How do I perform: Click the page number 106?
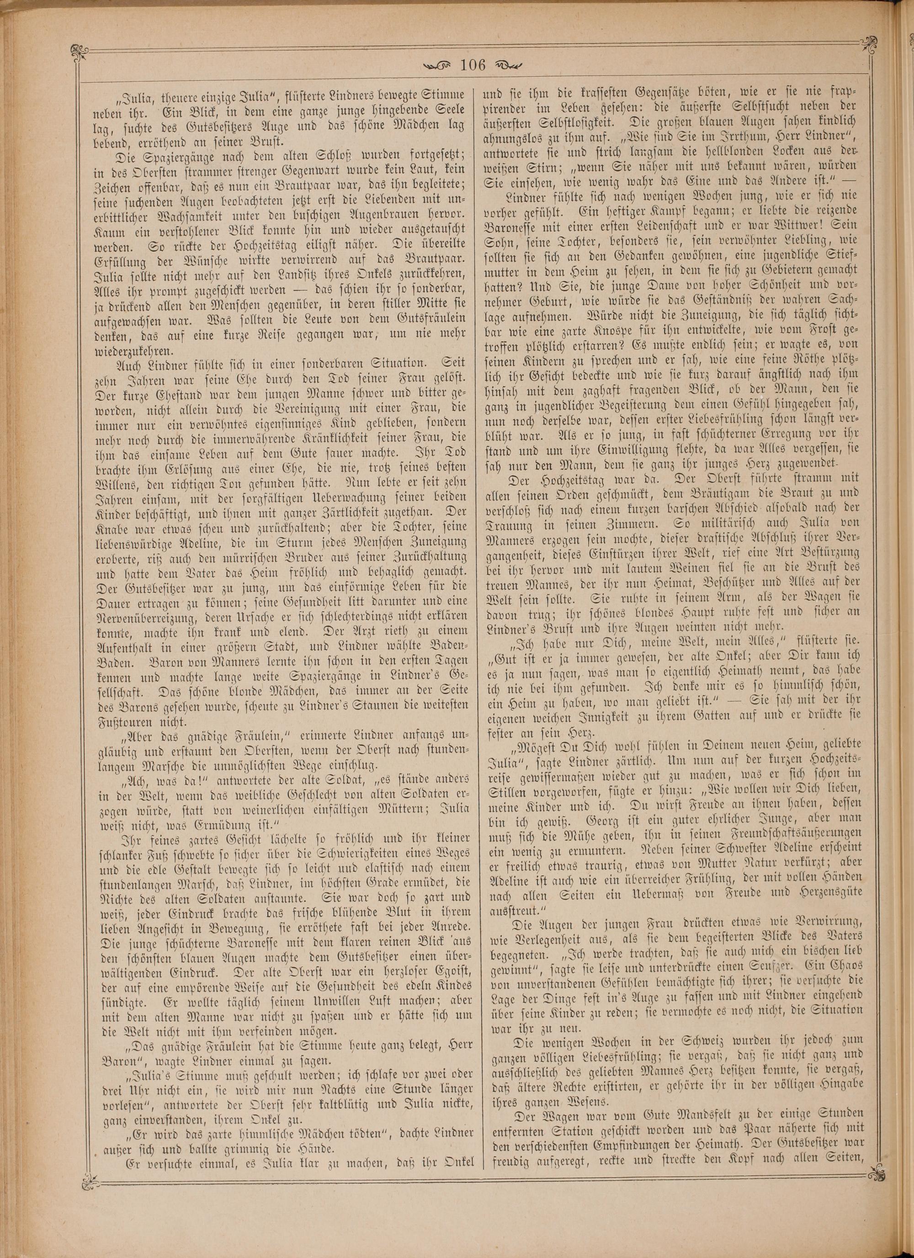coord(473,65)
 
